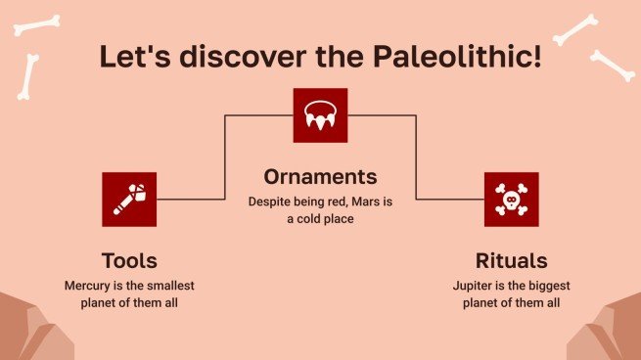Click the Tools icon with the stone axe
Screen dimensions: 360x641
coord(129,199)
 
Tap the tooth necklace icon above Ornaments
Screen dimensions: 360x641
coord(321,115)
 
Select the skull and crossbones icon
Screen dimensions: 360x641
coord(511,199)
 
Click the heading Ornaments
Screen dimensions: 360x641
coord(320,177)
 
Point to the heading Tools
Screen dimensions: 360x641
coord(129,261)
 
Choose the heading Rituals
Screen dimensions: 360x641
coord(511,261)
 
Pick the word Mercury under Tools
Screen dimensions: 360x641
coord(87,286)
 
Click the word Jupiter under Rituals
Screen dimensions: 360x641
coord(476,286)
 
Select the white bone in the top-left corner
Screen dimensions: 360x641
coord(35,22)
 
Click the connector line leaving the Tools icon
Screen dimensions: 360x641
coord(191,199)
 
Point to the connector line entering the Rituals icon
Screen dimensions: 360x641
coord(450,199)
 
